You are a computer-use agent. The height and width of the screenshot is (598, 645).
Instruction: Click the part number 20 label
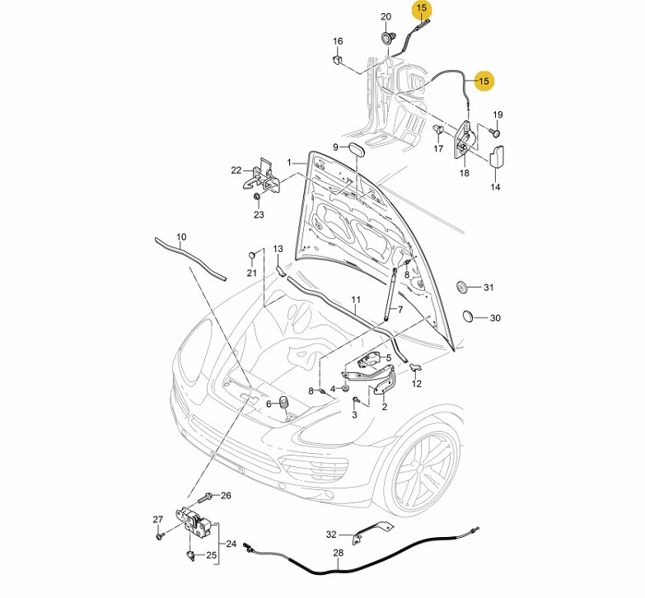click(386, 17)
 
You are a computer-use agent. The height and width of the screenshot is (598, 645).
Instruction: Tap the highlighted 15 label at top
click(422, 9)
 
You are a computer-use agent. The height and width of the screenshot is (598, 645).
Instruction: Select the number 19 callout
click(498, 114)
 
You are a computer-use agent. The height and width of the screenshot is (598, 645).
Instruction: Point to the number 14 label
click(495, 187)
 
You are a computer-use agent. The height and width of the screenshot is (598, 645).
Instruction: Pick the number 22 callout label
click(236, 171)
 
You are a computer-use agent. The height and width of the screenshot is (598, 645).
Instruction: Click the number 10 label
click(181, 236)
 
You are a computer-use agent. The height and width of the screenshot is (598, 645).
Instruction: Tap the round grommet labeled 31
click(463, 287)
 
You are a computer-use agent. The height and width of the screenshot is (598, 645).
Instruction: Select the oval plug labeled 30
click(467, 317)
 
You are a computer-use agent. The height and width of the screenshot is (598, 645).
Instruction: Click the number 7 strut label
click(400, 310)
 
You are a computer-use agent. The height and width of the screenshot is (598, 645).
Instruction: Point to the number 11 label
click(356, 299)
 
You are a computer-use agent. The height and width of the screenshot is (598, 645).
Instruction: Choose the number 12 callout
click(416, 384)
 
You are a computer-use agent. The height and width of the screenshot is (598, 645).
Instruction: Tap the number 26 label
click(226, 495)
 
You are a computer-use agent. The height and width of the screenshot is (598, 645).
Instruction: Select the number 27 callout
click(158, 519)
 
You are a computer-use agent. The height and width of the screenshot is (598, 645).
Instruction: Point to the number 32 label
click(331, 534)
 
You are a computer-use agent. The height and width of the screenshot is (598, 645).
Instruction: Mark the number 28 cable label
click(338, 554)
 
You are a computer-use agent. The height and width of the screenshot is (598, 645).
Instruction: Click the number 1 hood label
click(290, 162)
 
